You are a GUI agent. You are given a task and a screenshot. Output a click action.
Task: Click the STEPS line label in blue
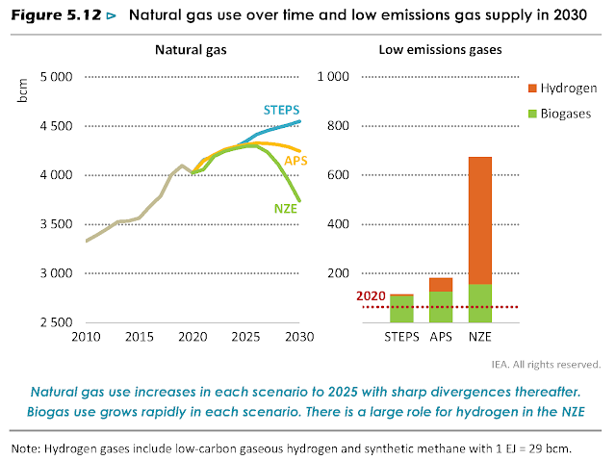[x=282, y=109]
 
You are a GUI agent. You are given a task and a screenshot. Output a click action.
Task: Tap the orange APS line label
[x=295, y=160]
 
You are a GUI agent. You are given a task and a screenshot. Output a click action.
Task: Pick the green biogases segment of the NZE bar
[x=479, y=303]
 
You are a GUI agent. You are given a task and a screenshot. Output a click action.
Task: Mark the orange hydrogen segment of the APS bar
[x=441, y=284]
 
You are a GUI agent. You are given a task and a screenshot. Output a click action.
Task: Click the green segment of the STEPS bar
[x=402, y=309]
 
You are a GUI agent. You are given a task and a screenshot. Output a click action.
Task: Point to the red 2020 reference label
[x=371, y=296]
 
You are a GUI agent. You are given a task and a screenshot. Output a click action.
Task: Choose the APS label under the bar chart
[x=441, y=336]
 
